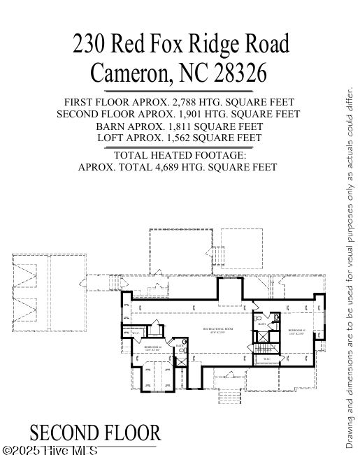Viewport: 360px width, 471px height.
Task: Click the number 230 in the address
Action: (x=89, y=44)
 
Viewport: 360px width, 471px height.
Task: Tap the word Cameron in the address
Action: (x=130, y=72)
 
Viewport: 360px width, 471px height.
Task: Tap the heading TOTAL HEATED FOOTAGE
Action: (x=180, y=155)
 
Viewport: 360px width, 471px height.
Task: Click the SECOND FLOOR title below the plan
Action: (x=95, y=433)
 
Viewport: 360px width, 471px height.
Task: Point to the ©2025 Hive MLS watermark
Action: (x=50, y=451)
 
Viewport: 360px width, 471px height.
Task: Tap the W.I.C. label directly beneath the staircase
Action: (x=267, y=359)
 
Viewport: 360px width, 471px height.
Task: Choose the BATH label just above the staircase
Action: (x=261, y=325)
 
